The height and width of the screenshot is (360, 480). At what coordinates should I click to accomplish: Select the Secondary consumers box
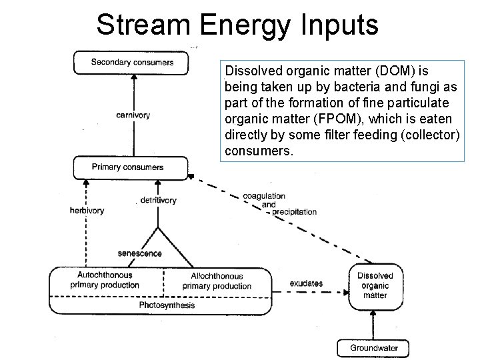click(131, 63)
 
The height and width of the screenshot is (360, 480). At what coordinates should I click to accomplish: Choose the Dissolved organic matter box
click(375, 285)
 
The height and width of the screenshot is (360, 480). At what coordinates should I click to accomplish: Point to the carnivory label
click(133, 115)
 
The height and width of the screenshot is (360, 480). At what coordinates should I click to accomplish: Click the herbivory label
click(87, 211)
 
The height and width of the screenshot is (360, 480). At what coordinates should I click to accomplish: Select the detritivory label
click(158, 200)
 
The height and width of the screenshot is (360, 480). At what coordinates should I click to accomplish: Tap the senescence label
click(139, 254)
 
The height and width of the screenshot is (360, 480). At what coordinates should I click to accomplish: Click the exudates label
click(306, 283)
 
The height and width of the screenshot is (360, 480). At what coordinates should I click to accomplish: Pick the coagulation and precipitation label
click(273, 204)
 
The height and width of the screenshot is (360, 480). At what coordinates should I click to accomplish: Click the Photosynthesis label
click(167, 305)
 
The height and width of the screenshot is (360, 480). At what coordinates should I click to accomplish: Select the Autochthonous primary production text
click(105, 280)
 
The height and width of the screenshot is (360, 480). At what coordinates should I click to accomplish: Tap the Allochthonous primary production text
click(217, 281)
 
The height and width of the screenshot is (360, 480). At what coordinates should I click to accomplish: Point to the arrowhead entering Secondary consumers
click(133, 77)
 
